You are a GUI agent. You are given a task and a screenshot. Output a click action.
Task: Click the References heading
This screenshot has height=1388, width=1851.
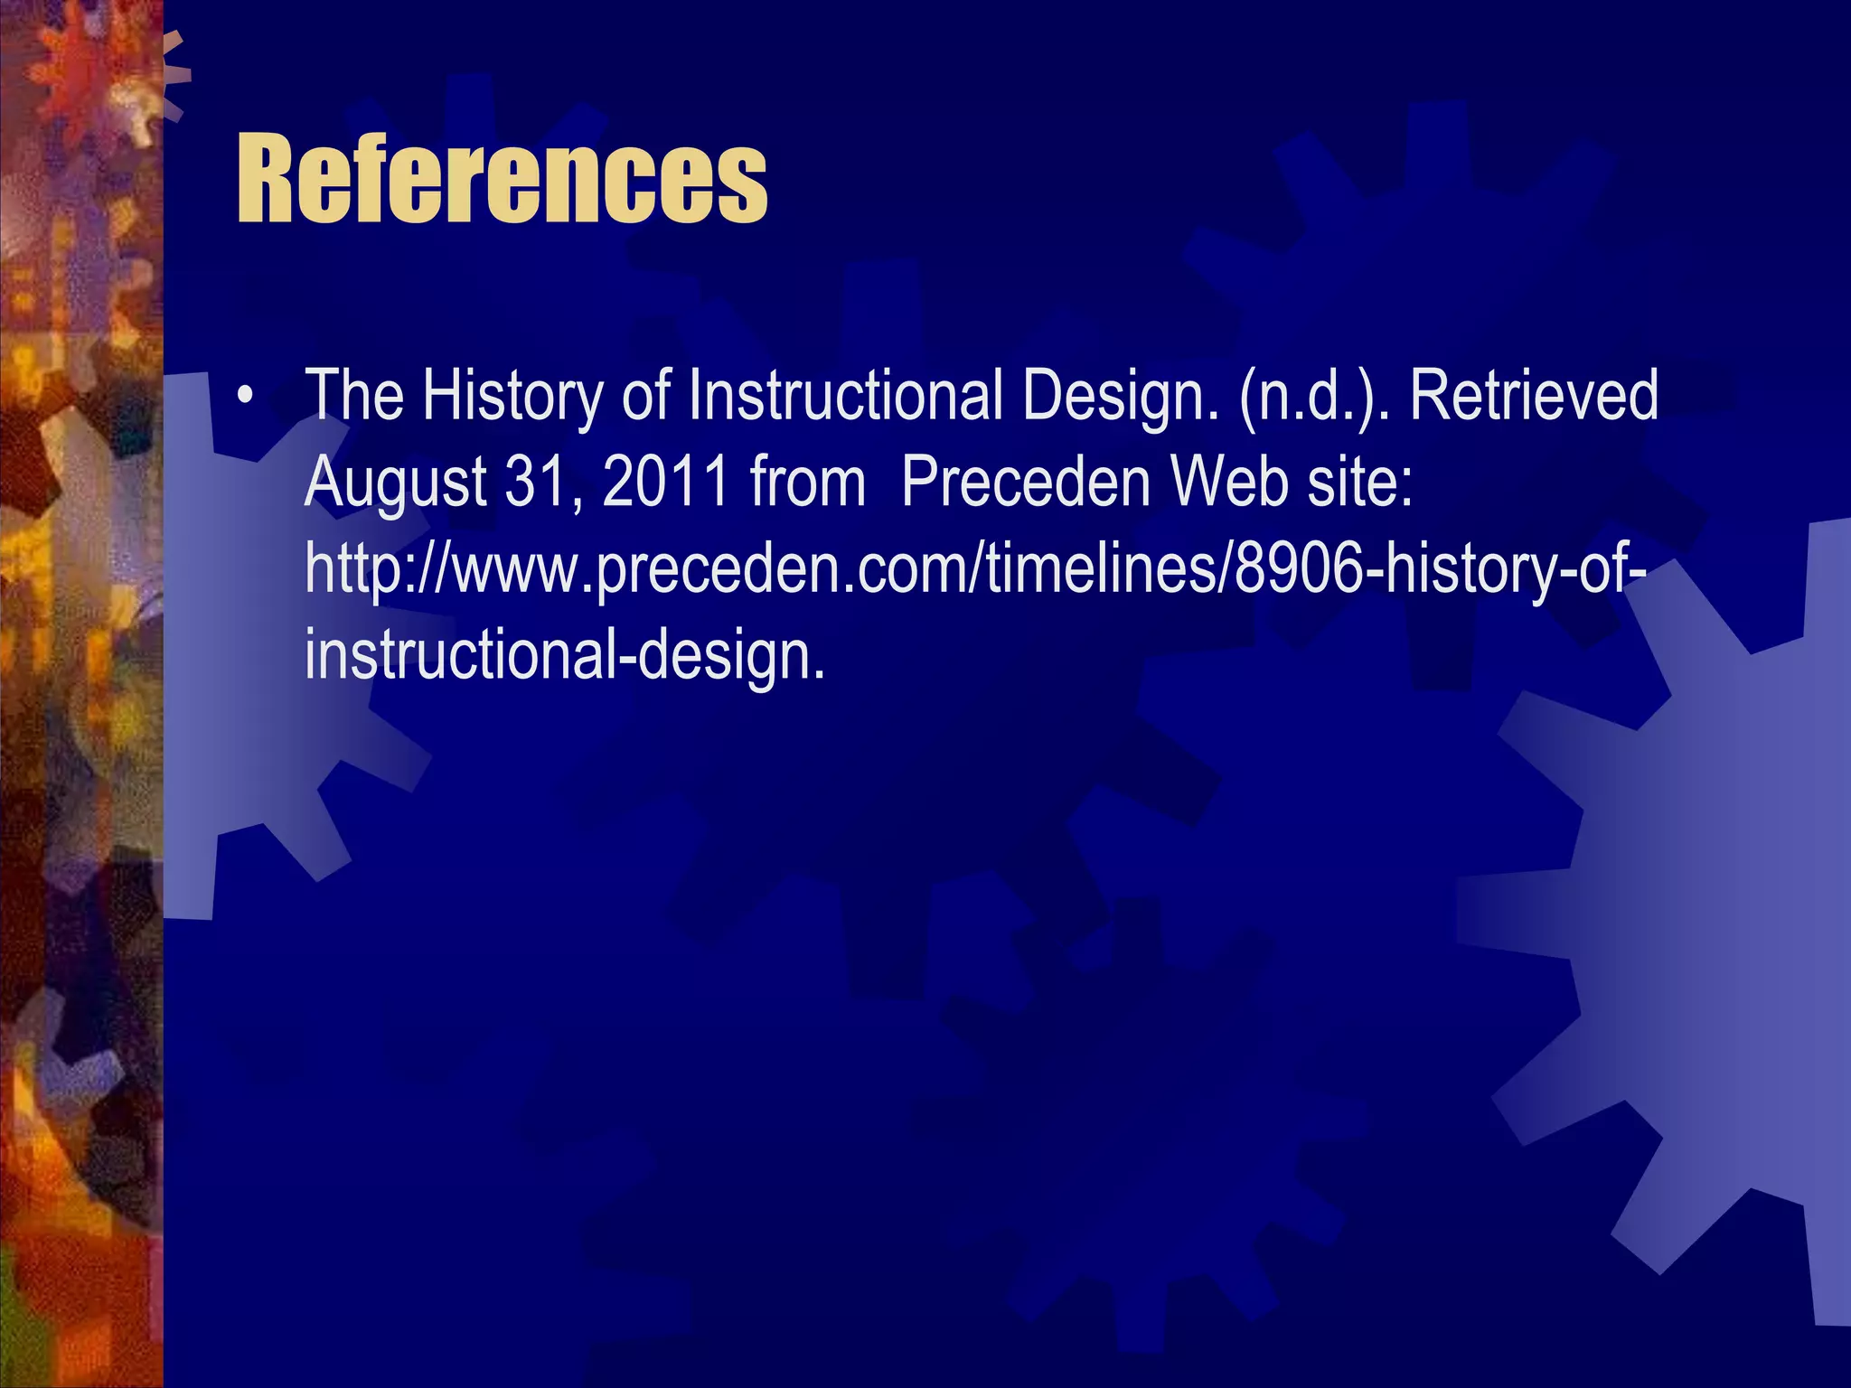[502, 178]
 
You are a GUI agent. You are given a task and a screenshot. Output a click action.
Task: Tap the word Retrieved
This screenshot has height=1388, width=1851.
[1534, 397]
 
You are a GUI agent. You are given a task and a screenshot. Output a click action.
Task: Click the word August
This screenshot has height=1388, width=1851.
[395, 483]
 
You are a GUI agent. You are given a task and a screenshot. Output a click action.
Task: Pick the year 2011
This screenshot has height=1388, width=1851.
[665, 483]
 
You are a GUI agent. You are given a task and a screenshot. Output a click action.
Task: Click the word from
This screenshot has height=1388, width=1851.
[807, 483]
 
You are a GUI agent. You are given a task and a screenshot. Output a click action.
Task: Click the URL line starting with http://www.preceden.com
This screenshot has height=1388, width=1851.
[974, 569]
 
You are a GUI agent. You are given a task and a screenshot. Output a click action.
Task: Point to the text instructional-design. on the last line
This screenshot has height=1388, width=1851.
[565, 656]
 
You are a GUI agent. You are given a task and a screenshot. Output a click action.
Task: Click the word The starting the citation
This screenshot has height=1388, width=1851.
[353, 397]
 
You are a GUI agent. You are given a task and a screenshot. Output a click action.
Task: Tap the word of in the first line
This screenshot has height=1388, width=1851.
[645, 397]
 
